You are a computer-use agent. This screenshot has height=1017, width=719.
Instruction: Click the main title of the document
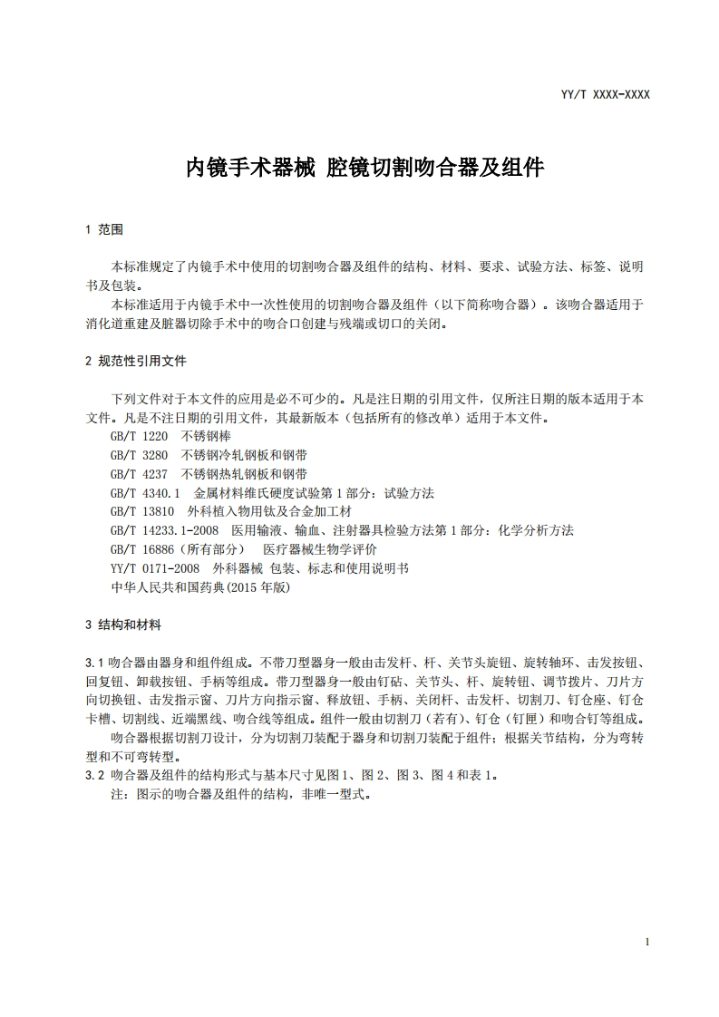click(364, 167)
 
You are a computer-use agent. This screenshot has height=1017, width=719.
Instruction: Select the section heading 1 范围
click(103, 230)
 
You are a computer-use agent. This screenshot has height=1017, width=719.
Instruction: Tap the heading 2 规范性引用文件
click(135, 361)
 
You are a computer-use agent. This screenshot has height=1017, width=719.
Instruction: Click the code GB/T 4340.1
click(145, 493)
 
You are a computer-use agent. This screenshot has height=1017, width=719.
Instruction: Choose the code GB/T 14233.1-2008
click(164, 530)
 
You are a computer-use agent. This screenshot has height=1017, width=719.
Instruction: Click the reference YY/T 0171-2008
click(154, 568)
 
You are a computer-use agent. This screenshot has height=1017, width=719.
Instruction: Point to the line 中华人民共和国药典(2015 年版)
click(200, 587)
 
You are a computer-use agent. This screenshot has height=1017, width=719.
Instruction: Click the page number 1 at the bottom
click(647, 943)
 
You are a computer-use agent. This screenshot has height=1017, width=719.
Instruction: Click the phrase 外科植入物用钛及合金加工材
click(269, 512)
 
